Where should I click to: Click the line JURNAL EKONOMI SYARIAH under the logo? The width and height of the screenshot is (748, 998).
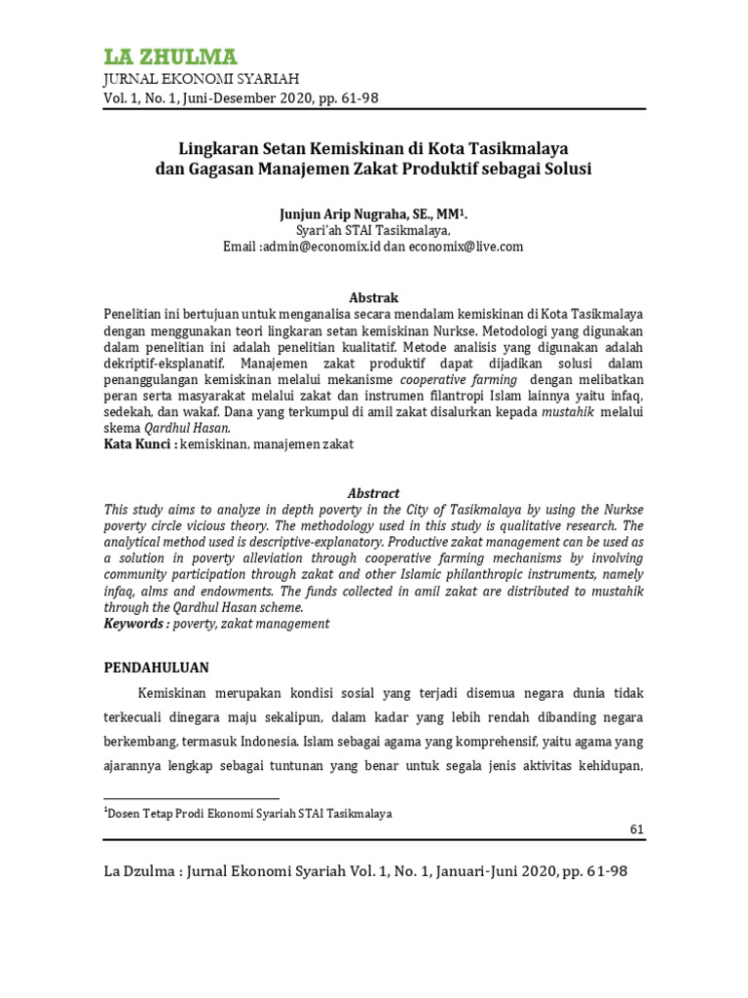pyautogui.click(x=201, y=79)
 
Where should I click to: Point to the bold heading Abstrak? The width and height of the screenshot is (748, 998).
pyautogui.click(x=374, y=297)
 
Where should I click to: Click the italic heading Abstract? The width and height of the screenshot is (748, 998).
pyautogui.click(x=374, y=493)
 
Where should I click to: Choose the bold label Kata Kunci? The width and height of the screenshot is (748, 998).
pyautogui.click(x=138, y=444)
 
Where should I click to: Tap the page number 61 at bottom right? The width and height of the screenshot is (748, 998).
pyautogui.click(x=637, y=829)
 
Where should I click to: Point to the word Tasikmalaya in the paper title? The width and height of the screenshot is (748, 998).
pyautogui.click(x=521, y=149)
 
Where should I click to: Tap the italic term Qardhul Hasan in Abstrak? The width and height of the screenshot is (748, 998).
pyautogui.click(x=187, y=428)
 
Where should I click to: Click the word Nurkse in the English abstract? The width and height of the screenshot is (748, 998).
pyautogui.click(x=622, y=510)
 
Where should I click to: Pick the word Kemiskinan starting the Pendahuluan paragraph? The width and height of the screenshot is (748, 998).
pyautogui.click(x=180, y=693)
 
